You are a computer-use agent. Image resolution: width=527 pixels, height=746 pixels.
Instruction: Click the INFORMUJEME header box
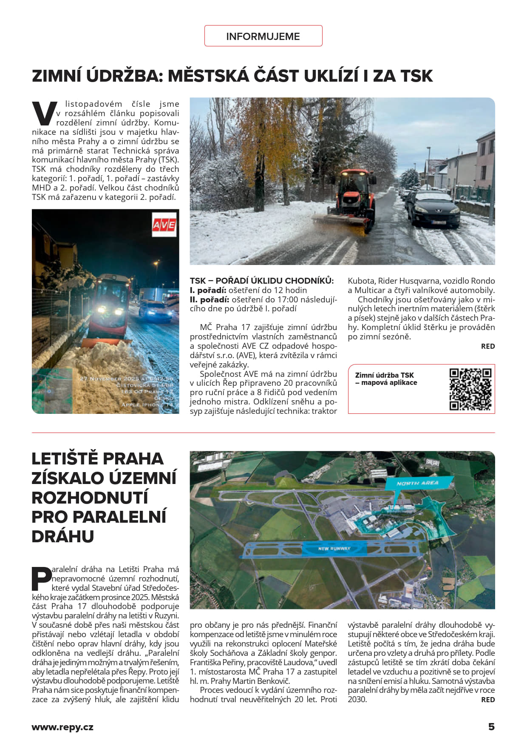pos(263,36)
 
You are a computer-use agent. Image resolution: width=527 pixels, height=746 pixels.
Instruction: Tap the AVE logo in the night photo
pos(164,224)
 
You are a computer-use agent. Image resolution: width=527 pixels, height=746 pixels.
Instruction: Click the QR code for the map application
pos(470,389)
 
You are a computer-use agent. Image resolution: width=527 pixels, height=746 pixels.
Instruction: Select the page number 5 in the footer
pos(491,726)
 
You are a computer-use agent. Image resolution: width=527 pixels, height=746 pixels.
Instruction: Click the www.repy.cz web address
pos(62,727)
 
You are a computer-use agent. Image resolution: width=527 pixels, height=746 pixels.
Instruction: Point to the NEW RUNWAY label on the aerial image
pos(334,548)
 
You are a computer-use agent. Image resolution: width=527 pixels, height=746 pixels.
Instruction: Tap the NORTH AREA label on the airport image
pos(417,483)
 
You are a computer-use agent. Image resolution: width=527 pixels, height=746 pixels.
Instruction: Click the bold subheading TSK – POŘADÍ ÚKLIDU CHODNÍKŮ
pos(262,281)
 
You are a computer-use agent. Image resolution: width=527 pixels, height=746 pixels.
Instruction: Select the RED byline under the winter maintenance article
pos(488,346)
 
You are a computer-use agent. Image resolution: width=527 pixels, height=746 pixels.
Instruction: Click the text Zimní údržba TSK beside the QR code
pos(384,375)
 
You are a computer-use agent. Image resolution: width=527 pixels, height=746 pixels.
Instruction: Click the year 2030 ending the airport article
pos(357,699)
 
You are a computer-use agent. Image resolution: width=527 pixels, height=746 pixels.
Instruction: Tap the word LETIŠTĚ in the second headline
pos(65,458)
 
